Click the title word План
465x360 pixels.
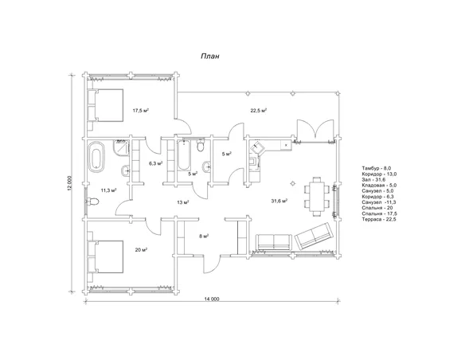pyautogui.click(x=210, y=57)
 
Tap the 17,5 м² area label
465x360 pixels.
pyautogui.click(x=141, y=111)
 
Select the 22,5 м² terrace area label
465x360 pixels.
pyautogui.click(x=259, y=111)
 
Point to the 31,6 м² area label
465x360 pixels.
pyautogui.click(x=279, y=201)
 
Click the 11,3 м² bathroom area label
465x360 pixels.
pyautogui.click(x=108, y=190)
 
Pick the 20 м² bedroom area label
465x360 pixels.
pyautogui.click(x=142, y=249)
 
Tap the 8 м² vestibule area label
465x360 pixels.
pyautogui.click(x=204, y=236)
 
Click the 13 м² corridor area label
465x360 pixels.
pyautogui.click(x=183, y=202)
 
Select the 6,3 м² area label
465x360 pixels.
pyautogui.click(x=156, y=163)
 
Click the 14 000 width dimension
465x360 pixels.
pyautogui.click(x=212, y=299)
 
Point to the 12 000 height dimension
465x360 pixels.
pyautogui.click(x=70, y=184)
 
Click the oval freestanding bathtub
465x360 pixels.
pyautogui.click(x=96, y=157)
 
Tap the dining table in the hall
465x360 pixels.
pyautogui.click(x=317, y=197)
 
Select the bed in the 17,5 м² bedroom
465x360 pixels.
pyautogui.click(x=106, y=105)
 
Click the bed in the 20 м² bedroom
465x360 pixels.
pyautogui.click(x=106, y=256)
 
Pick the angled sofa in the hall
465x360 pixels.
pyautogui.click(x=315, y=237)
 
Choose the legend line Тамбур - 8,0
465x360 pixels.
pyautogui.click(x=377, y=168)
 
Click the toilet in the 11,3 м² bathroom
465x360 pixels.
pyautogui.click(x=92, y=202)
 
